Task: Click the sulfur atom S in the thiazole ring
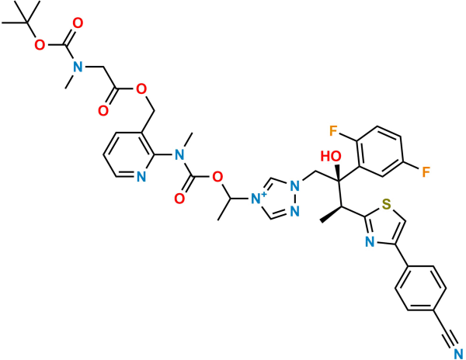click(x=386, y=204)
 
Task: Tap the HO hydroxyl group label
click(x=331, y=157)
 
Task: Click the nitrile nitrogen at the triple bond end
click(x=459, y=354)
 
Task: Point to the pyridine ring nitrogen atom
click(x=141, y=177)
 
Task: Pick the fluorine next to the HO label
click(x=333, y=131)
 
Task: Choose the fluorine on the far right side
click(x=426, y=172)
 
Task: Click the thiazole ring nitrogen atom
click(x=370, y=243)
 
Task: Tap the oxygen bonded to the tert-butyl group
click(x=40, y=46)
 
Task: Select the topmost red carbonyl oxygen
click(x=78, y=23)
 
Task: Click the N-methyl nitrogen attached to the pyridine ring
click(x=179, y=154)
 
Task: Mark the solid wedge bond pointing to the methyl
click(x=331, y=214)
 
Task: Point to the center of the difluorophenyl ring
click(x=380, y=152)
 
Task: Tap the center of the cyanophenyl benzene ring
click(x=420, y=289)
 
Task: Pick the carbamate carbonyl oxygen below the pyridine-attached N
click(x=179, y=199)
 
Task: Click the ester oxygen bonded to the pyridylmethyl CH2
click(x=141, y=88)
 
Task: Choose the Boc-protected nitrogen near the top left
click(x=78, y=66)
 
